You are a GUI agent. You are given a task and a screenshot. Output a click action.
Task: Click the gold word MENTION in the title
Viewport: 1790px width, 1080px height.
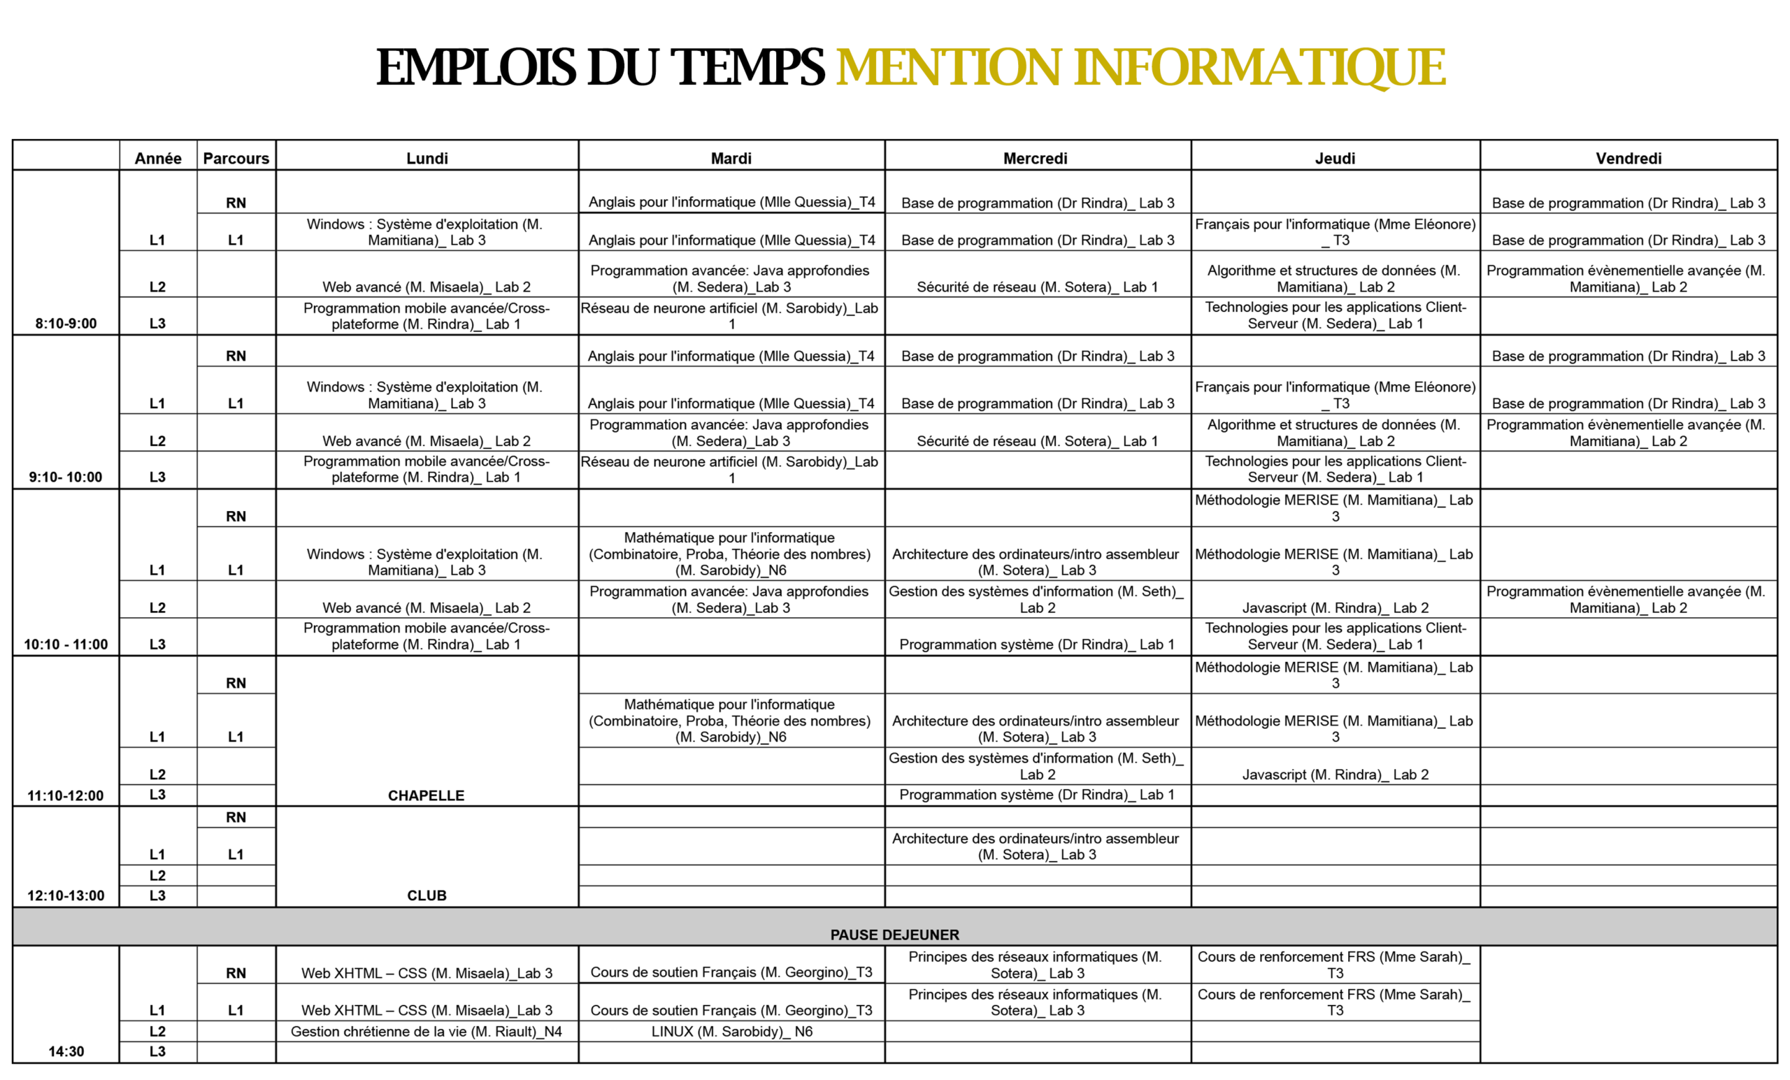[949, 68]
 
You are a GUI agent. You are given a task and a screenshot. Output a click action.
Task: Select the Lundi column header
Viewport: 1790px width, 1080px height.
[427, 159]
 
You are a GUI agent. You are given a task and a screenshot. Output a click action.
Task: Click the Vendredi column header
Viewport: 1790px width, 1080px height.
[1628, 159]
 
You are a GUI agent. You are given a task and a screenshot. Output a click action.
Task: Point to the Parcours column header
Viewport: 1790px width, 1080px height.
[236, 159]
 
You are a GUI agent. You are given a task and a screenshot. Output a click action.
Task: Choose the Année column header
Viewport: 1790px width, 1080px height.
[157, 159]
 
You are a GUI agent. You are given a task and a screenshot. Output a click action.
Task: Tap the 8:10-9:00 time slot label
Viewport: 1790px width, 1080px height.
[66, 323]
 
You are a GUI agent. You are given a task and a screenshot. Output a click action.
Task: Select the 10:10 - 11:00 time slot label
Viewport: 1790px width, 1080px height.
[66, 645]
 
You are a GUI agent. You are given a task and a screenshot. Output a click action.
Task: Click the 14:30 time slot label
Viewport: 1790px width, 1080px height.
[66, 1051]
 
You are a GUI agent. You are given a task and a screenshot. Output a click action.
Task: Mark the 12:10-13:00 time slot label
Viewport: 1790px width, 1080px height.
[66, 895]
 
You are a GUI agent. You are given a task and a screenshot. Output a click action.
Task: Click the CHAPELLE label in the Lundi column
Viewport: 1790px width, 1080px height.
[427, 795]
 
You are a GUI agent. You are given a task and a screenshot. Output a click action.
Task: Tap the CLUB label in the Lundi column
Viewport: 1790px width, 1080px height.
[427, 895]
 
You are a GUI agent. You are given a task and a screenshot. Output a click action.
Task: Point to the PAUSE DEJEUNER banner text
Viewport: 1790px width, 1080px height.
[895, 935]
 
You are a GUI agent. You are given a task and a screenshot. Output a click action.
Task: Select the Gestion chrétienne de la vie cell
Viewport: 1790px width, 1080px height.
[427, 1031]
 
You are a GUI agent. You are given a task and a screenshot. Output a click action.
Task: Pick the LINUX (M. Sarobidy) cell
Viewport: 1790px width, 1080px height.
[731, 1031]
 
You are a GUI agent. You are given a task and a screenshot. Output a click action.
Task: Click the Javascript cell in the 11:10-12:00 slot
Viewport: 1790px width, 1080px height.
[1336, 775]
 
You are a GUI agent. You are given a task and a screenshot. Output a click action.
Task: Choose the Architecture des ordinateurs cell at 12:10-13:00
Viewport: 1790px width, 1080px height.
[1037, 846]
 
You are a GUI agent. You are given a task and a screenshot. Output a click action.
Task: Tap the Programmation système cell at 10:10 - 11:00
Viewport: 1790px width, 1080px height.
[1037, 645]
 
